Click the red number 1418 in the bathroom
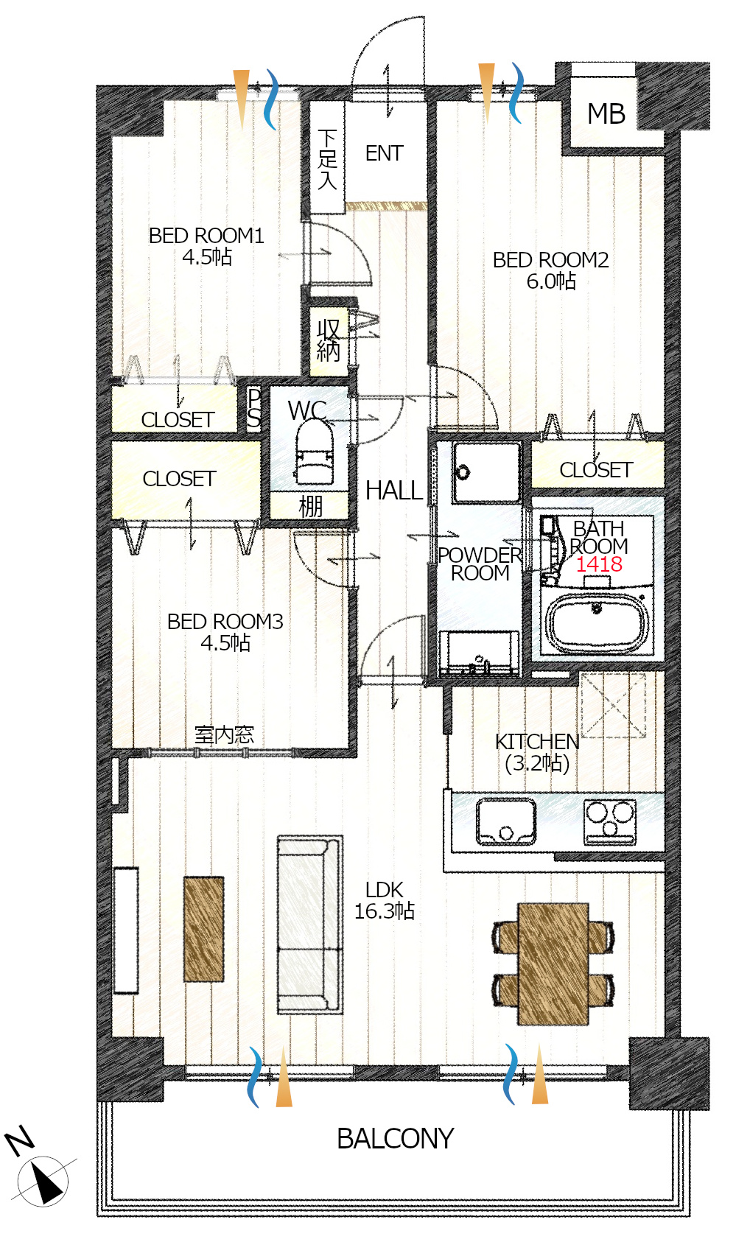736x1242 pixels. click(x=598, y=564)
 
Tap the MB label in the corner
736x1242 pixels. click(x=606, y=113)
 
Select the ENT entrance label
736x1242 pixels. click(x=384, y=153)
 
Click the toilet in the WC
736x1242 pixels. click(x=314, y=452)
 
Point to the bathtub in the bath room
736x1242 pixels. click(x=597, y=623)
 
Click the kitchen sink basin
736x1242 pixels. click(x=506, y=821)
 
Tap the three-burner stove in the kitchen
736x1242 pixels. click(x=609, y=821)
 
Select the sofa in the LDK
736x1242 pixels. click(x=310, y=925)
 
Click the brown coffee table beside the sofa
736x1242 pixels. click(x=203, y=929)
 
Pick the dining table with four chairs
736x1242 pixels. click(x=553, y=964)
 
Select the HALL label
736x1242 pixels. click(x=394, y=491)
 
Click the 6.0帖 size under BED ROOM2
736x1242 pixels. click(x=551, y=281)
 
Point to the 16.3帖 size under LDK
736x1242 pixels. click(x=384, y=911)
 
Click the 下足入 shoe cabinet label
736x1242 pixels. click(x=327, y=160)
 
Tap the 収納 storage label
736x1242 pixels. click(x=328, y=341)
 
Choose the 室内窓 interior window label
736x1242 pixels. click(x=224, y=735)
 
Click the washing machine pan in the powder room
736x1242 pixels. click(x=486, y=472)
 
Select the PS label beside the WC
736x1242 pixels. click(x=254, y=409)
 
